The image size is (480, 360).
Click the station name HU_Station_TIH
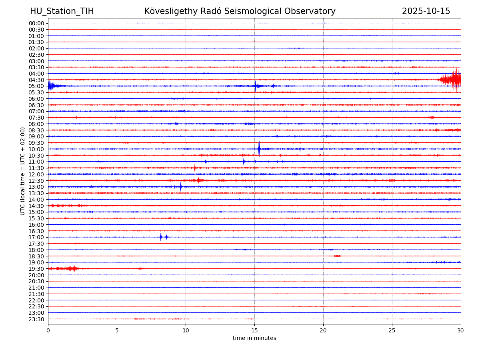62,11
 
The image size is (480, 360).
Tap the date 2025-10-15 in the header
426,11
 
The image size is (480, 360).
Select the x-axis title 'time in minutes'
254,338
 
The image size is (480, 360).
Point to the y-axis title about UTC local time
23,171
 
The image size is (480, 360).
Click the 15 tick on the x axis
254,331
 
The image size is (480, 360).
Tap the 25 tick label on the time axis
392,331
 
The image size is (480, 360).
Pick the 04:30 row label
36,80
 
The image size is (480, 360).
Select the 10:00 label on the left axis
36,149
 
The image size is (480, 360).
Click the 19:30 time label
36,269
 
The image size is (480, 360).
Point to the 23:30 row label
36,319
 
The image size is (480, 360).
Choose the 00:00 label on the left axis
36,23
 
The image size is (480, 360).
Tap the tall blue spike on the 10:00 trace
259,149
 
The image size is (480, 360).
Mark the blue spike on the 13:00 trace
181,186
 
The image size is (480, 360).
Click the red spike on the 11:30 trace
195,168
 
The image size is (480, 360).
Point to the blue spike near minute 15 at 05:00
255,86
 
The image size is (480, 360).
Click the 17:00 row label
36,237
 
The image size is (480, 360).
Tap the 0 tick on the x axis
48,331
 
